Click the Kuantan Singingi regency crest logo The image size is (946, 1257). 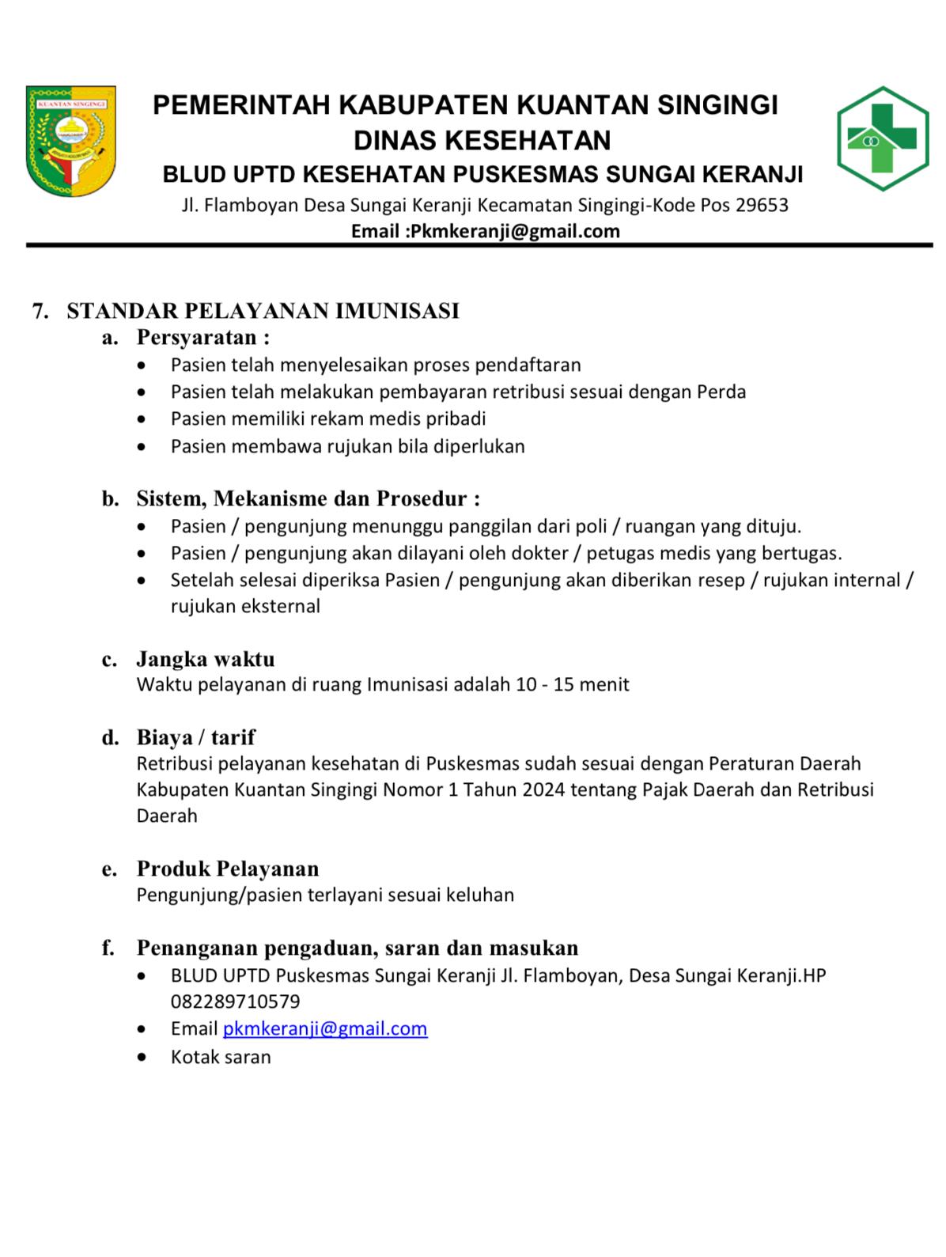point(70,141)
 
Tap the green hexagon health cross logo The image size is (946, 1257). point(882,138)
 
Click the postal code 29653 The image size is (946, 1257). point(762,206)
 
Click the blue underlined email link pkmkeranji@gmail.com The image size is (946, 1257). point(325,1028)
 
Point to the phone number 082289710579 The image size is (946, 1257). point(235,1001)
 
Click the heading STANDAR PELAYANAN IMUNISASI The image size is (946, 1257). point(263,311)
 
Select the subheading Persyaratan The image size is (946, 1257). point(202,338)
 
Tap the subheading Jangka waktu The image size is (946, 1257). point(206,658)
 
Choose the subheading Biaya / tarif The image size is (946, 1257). point(195,737)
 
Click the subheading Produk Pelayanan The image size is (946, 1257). point(228,869)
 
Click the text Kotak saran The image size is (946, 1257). point(221,1057)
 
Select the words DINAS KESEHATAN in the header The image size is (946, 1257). point(482,140)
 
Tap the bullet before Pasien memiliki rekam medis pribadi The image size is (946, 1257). point(141,419)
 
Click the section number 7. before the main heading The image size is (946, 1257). point(40,311)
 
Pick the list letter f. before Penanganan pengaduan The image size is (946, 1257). point(108,948)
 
